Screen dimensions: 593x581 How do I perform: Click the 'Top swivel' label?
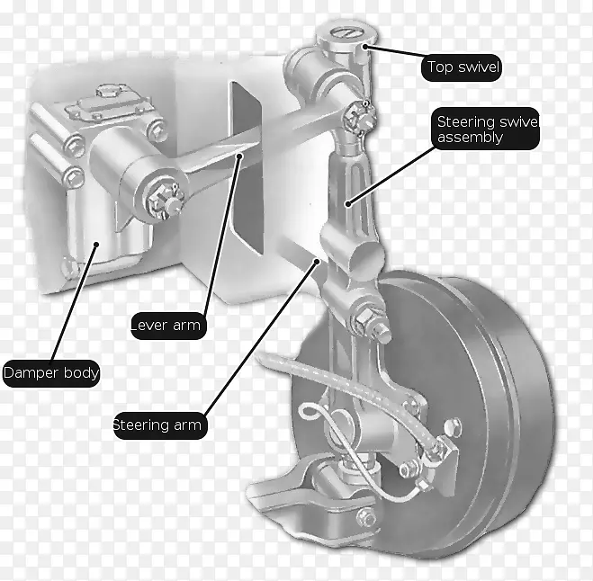pyautogui.click(x=462, y=67)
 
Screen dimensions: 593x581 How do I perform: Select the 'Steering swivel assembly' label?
pyautogui.click(x=486, y=129)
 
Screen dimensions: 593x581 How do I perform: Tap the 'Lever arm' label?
pyautogui.click(x=168, y=326)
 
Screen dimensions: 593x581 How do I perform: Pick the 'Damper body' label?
pyautogui.click(x=51, y=373)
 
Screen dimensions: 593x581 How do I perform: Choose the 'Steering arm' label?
pyautogui.click(x=160, y=425)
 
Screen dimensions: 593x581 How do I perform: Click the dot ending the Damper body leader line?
pyautogui.click(x=96, y=245)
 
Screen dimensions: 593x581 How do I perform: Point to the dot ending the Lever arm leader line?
pyautogui.click(x=239, y=156)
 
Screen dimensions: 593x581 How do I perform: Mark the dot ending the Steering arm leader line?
pyautogui.click(x=318, y=261)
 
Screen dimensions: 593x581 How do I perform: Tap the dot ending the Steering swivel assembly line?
pyautogui.click(x=348, y=204)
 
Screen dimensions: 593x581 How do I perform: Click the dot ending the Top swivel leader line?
pyautogui.click(x=365, y=47)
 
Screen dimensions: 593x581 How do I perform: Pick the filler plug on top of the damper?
pyautogui.click(x=109, y=92)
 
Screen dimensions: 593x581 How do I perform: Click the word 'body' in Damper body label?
pyautogui.click(x=81, y=373)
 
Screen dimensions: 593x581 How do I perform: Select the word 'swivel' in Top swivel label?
pyautogui.click(x=478, y=67)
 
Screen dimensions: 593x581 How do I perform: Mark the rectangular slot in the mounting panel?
pyautogui.click(x=247, y=167)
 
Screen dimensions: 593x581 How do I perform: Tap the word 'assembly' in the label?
pyautogui.click(x=470, y=138)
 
